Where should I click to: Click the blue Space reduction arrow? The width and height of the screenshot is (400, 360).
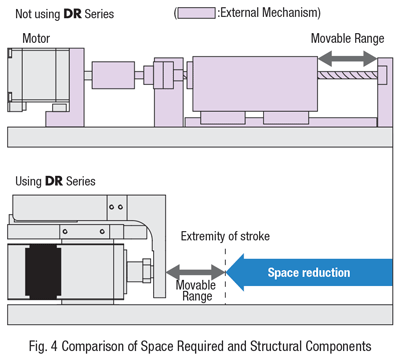[x=310, y=272]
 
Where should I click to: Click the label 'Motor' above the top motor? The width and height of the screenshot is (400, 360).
[x=36, y=38]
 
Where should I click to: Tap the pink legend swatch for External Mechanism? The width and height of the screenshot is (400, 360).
[x=196, y=13]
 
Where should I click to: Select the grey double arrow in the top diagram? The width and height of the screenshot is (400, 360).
[x=348, y=59]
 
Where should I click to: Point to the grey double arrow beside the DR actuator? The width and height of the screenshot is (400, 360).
[x=196, y=272]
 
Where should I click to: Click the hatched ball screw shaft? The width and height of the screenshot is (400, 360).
[x=348, y=74]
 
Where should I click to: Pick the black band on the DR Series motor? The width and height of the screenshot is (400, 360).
[x=43, y=272]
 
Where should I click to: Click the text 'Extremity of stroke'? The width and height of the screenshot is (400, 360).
[x=225, y=236]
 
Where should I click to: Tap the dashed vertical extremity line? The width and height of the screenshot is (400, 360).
[x=226, y=276]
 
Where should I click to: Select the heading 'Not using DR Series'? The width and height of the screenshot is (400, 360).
[x=65, y=14]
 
